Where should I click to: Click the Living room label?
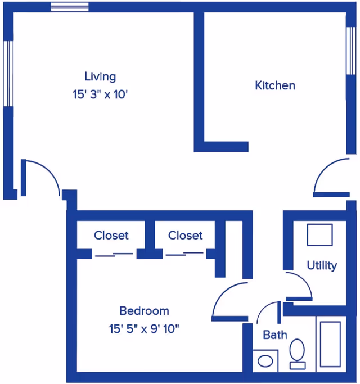point(100,76)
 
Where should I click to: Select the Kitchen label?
point(275,85)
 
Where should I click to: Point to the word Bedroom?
point(144,310)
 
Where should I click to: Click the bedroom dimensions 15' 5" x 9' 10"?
point(144,328)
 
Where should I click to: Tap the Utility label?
point(322,265)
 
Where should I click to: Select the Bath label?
point(275,335)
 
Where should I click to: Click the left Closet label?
point(111,235)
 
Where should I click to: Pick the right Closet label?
point(185,235)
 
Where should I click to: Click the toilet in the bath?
point(298,353)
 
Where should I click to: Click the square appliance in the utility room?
point(319,234)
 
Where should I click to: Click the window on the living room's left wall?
point(7,73)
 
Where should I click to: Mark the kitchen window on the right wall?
point(351,51)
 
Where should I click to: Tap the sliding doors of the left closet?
point(114,254)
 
